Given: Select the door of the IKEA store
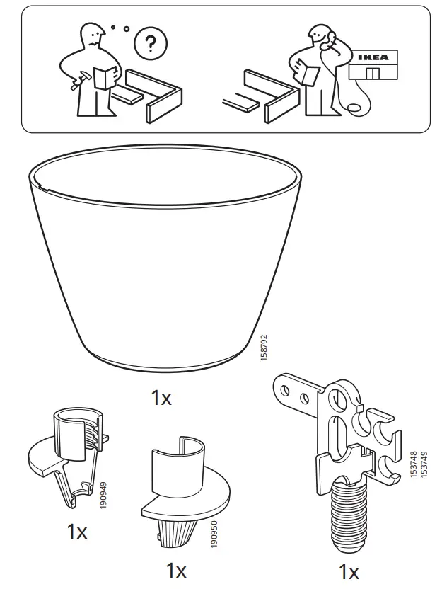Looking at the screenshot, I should [373, 74].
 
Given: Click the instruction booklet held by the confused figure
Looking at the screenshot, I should [104, 76].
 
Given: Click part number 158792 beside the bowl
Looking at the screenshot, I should [263, 347].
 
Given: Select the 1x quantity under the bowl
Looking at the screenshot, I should [161, 398].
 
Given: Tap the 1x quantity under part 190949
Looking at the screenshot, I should [76, 532].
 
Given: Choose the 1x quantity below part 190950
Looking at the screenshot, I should [175, 570].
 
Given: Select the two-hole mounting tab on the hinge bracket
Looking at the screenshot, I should [296, 393].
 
